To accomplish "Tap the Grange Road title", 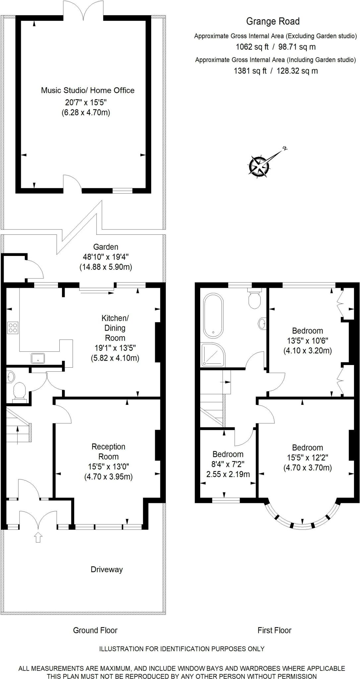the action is (x=273, y=22).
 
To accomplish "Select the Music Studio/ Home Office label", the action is (x=88, y=90).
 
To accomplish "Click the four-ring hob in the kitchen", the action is (x=13, y=328).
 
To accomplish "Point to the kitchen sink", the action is (x=38, y=358).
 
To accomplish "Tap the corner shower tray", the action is (x=212, y=354).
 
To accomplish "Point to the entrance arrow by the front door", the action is (x=38, y=537).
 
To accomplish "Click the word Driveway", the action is (x=107, y=569).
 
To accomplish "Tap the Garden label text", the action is (x=106, y=247).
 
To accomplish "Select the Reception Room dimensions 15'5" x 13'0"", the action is (x=108, y=466).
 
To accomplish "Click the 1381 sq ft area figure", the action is (x=250, y=71).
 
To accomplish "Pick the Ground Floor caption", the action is (x=95, y=630).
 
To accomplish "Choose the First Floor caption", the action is (x=274, y=630).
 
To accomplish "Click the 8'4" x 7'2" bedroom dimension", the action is (x=228, y=464).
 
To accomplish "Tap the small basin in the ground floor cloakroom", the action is (x=11, y=377).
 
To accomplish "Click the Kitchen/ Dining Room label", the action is (x=115, y=328).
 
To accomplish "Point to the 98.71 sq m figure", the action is (x=297, y=47).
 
